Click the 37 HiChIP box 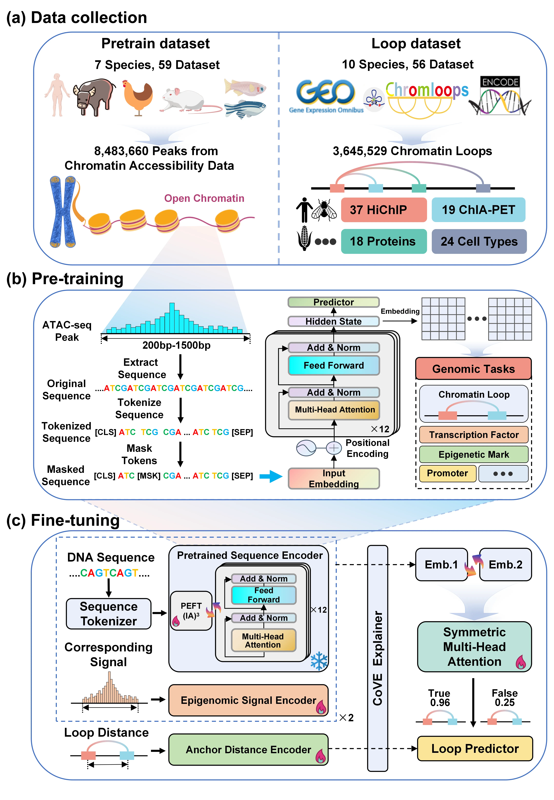(384, 210)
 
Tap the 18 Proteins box (384, 241)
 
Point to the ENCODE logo (500, 95)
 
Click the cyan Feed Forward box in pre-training (334, 365)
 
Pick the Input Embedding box (334, 479)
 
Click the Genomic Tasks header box (473, 369)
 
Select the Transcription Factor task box (473, 435)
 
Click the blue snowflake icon (319, 661)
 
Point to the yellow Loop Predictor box (474, 749)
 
